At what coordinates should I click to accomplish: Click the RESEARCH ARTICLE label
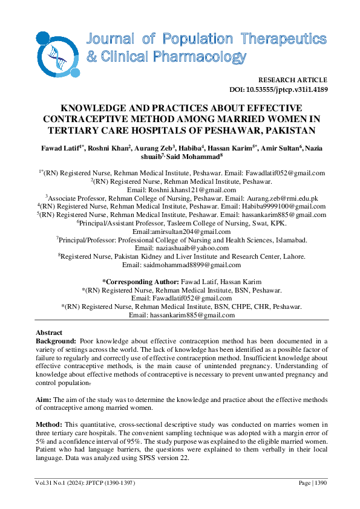point(292,80)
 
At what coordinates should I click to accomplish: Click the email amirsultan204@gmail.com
point(190,231)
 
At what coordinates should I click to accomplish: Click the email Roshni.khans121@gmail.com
point(191,189)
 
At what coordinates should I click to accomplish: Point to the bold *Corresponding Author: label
point(140,282)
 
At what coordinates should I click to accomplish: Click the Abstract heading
point(50,333)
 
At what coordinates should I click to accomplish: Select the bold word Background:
point(56,342)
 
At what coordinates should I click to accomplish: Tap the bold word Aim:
point(44,400)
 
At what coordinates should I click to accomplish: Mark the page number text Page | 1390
point(312,484)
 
